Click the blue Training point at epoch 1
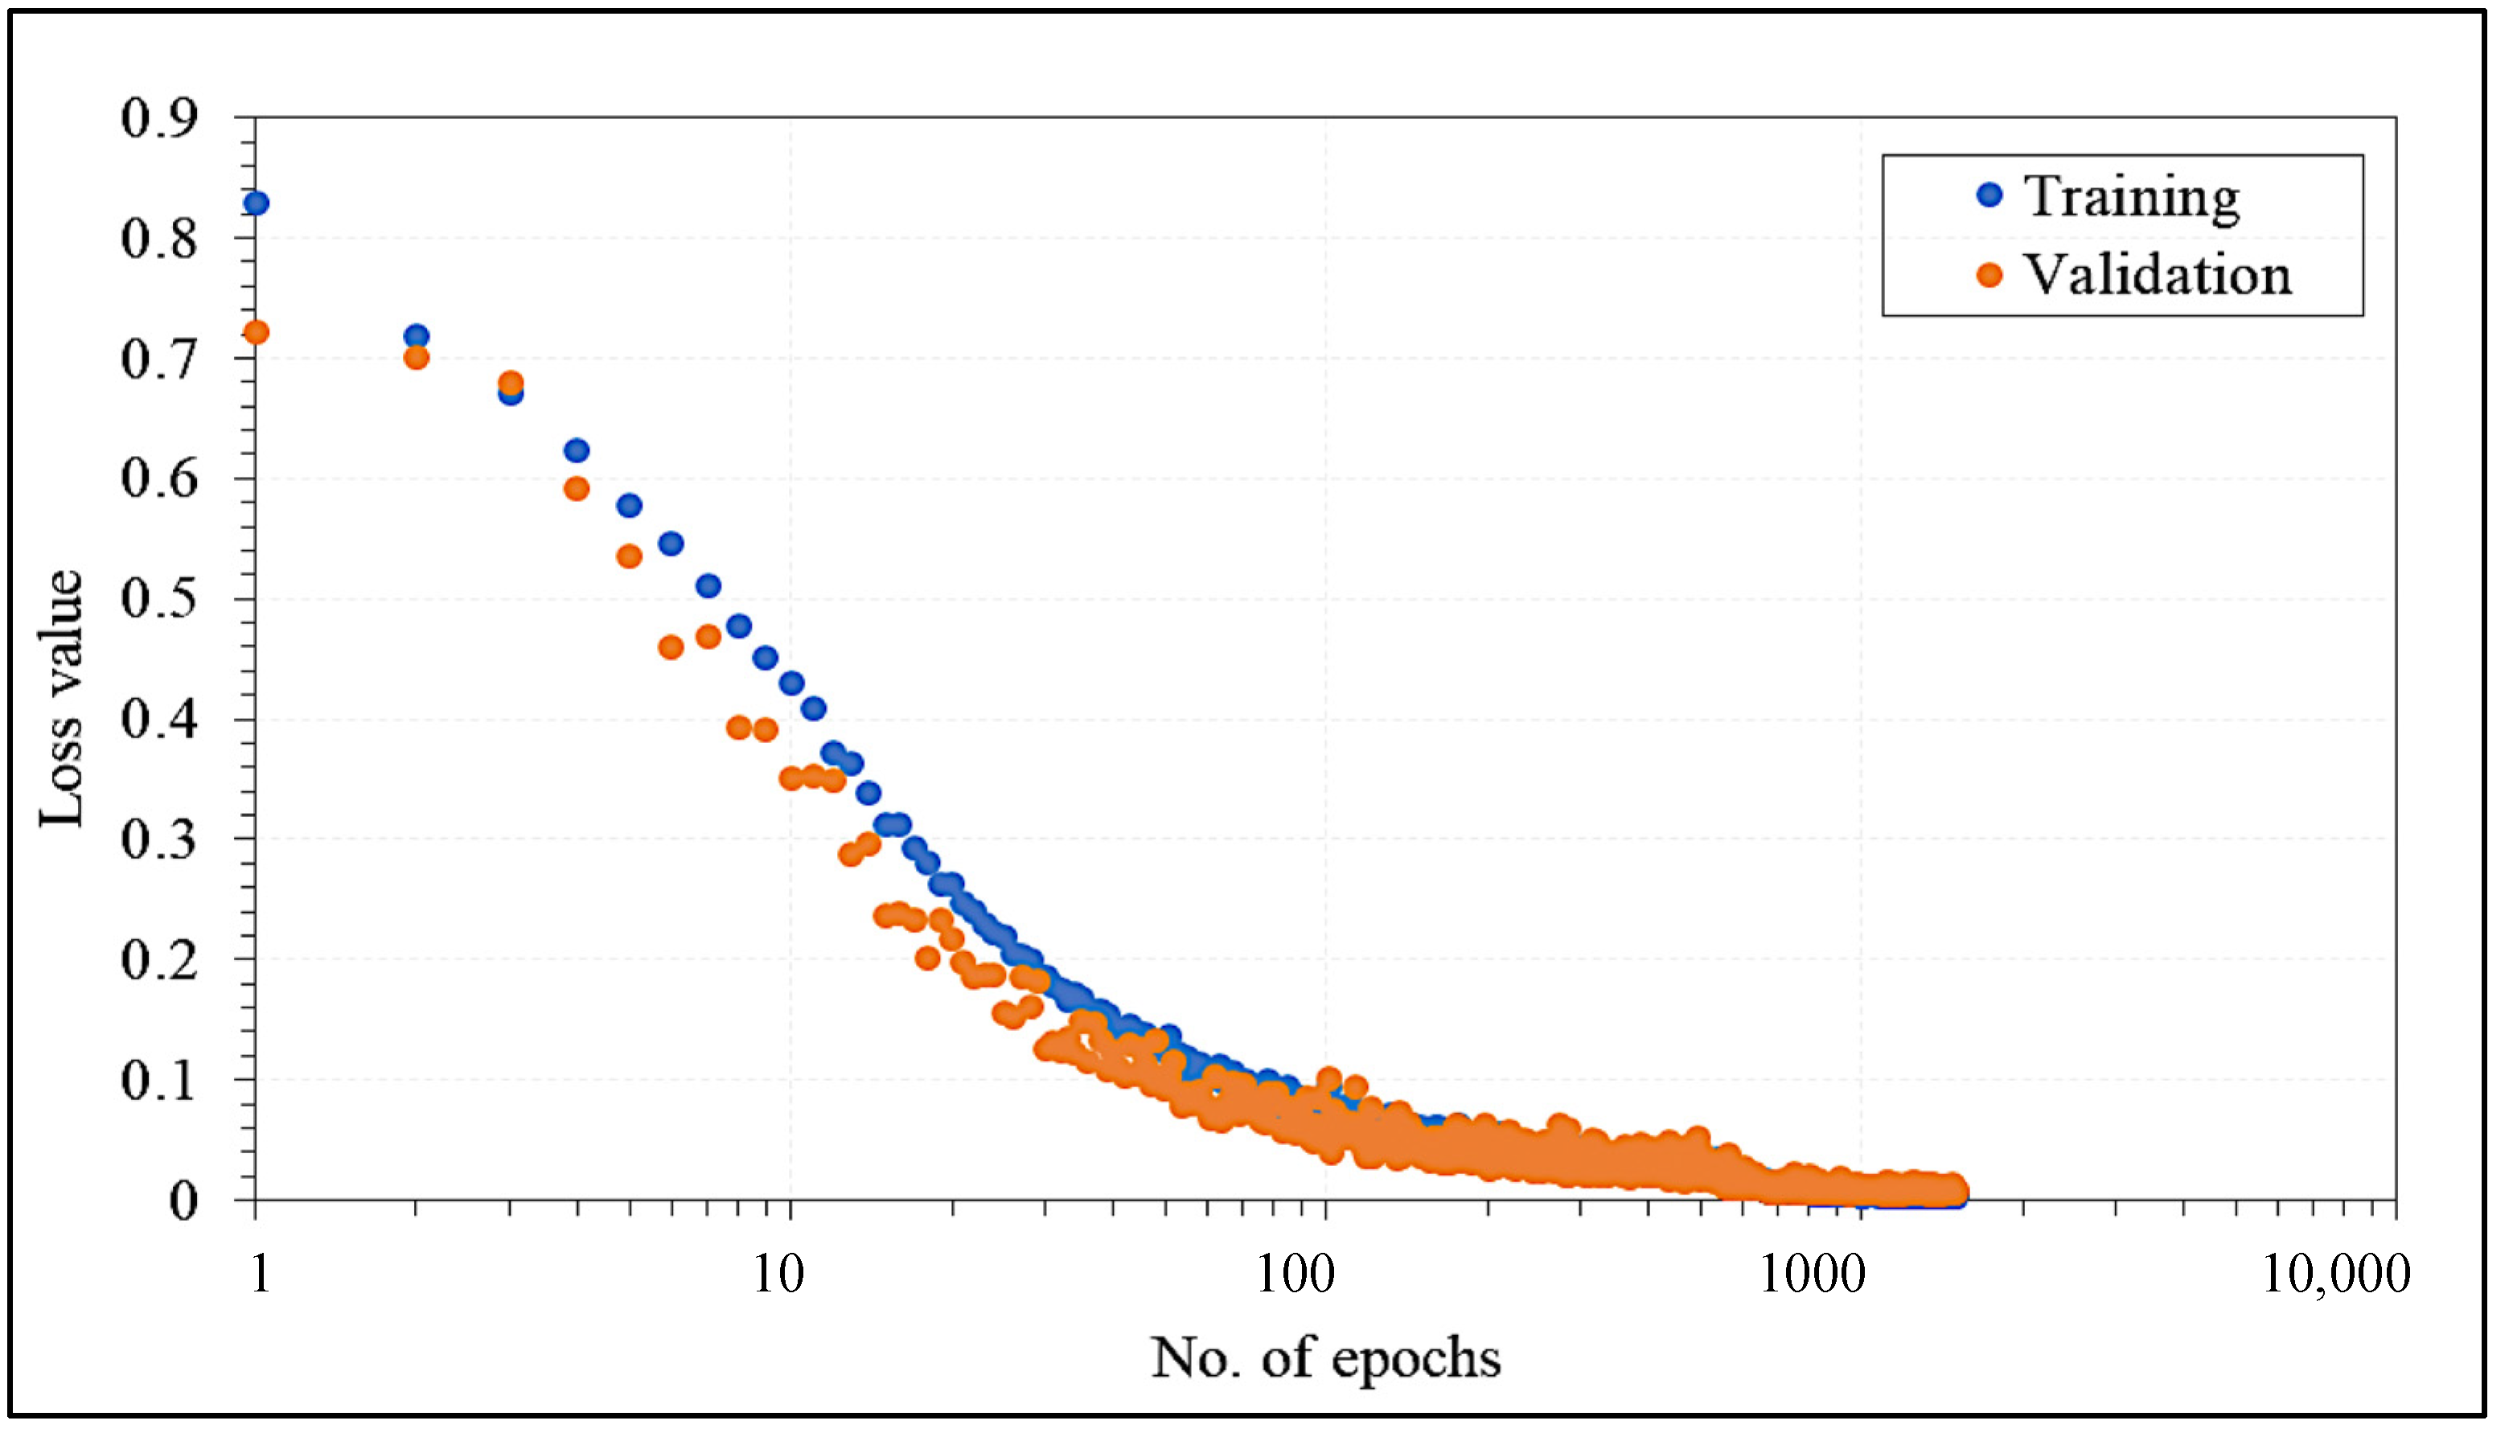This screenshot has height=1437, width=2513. tap(257, 203)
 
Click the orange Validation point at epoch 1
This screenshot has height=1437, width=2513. tap(257, 333)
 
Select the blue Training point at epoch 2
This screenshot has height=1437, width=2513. tap(417, 337)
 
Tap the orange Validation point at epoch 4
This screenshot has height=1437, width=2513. tap(577, 489)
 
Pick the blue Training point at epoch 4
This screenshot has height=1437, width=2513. tap(577, 451)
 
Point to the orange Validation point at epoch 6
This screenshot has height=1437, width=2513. tap(671, 647)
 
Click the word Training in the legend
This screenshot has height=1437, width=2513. tap(2131, 196)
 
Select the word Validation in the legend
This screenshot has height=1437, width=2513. tap(2158, 274)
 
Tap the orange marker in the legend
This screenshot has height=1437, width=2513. tap(1990, 275)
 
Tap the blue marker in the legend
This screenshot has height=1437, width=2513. tap(1990, 195)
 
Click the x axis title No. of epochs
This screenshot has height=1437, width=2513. tap(1325, 1358)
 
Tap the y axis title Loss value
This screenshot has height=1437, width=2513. tap(61, 699)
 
